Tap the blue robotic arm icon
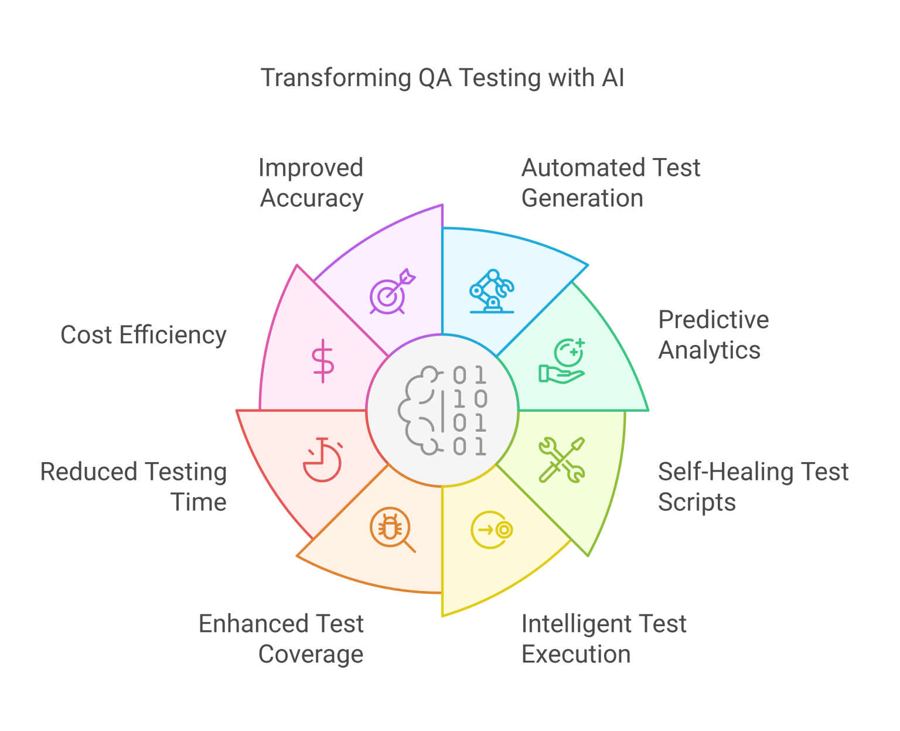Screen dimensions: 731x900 (492, 291)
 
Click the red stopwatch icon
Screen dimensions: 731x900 (323, 460)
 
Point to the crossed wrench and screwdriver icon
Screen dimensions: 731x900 (561, 460)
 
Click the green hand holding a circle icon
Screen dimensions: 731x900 (562, 361)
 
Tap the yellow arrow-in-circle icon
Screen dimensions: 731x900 (492, 530)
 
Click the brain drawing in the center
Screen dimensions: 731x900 (420, 410)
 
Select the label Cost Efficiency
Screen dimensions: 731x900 (144, 335)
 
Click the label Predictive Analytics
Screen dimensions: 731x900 (712, 335)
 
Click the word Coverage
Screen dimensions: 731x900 (311, 654)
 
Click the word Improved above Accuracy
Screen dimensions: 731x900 (311, 168)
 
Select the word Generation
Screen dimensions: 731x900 (582, 199)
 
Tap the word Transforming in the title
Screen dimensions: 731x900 (336, 78)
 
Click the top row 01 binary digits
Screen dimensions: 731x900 (469, 375)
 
